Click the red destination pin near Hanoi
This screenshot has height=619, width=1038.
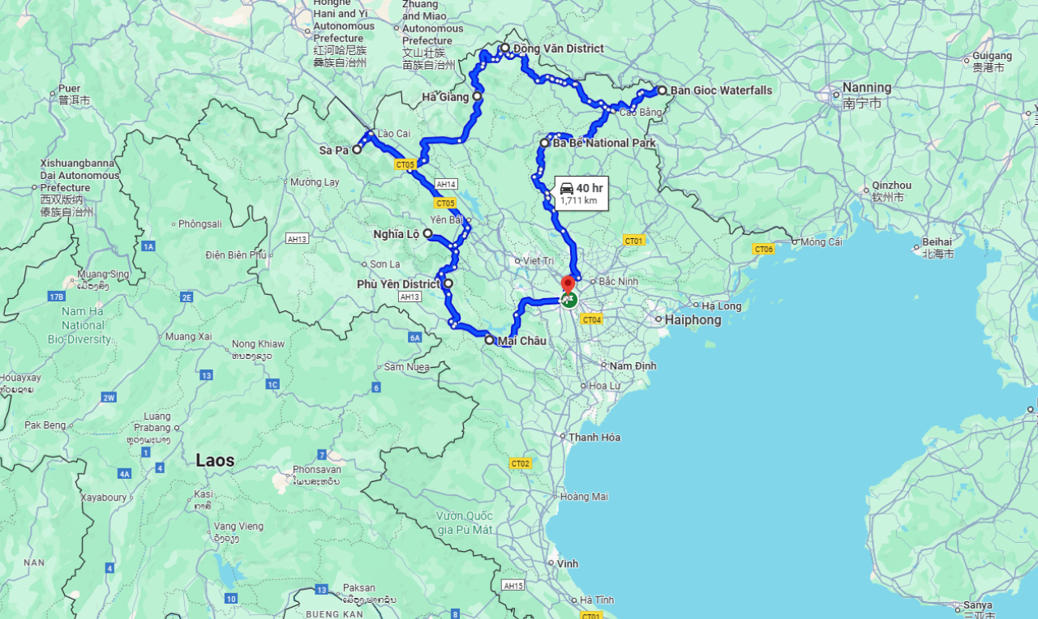[568, 284]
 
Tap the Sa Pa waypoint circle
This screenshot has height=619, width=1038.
[356, 149]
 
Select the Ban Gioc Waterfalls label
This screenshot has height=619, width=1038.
[721, 90]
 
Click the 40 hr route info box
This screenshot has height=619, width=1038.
[581, 194]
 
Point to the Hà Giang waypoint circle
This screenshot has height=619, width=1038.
[477, 96]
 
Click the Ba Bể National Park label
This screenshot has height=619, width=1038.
[604, 143]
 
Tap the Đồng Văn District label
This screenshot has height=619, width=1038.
[558, 49]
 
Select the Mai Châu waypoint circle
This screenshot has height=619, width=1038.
[489, 340]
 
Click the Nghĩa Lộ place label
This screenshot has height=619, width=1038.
[396, 234]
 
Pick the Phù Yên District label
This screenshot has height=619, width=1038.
[398, 284]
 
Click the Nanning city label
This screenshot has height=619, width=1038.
[866, 88]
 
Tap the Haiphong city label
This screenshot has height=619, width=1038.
[693, 320]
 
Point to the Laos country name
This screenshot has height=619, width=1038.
[215, 460]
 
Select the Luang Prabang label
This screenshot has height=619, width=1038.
[152, 421]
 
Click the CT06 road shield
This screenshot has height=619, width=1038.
[763, 249]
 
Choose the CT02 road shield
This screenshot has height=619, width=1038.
[520, 463]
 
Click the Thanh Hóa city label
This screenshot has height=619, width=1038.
[594, 438]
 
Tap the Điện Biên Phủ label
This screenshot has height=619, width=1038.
[236, 254]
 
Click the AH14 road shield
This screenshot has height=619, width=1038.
[446, 184]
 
